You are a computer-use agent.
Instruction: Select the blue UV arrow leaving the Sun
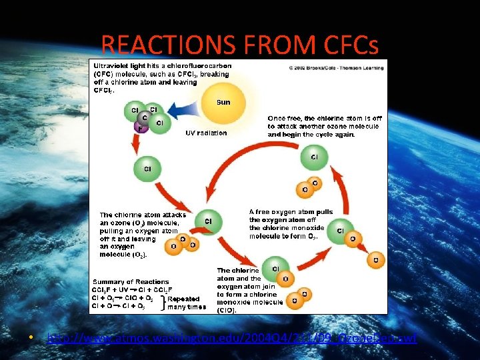tap(183, 111)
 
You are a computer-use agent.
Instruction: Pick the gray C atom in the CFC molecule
tap(145, 118)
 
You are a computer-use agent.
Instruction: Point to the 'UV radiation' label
tap(206, 133)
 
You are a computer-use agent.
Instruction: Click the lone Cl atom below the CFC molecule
tap(147, 168)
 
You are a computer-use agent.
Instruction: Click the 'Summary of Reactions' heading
tap(131, 282)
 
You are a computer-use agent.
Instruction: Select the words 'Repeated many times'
tap(187, 303)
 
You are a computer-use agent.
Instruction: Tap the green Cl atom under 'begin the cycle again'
tap(314, 158)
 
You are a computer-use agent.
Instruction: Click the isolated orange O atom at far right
tap(375, 259)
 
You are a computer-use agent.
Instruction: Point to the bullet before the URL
tap(31, 339)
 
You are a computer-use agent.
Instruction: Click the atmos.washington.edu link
tap(232, 339)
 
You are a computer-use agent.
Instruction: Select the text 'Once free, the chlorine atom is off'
tap(323, 119)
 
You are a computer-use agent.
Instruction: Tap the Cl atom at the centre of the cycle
tap(208, 221)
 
